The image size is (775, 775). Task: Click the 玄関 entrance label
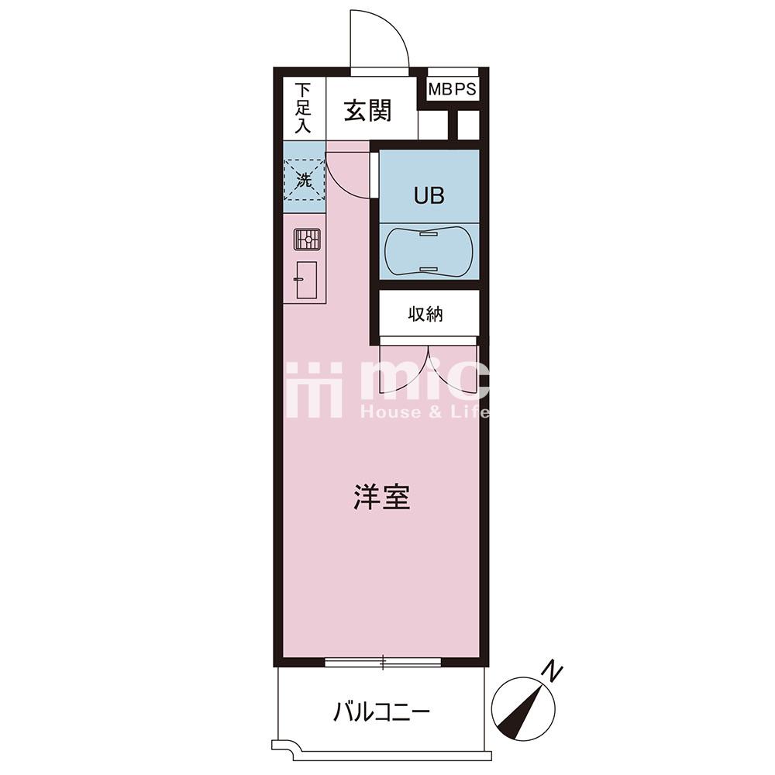pos(367,111)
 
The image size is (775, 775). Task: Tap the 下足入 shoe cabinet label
pos(303,108)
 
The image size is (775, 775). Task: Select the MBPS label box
pos(453,89)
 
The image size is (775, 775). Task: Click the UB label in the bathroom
pos(429,196)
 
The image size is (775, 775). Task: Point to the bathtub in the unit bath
pos(429,251)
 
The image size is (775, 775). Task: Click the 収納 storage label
pos(425,315)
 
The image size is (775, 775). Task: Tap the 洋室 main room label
pos(382,498)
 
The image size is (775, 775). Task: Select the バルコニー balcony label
pos(381,713)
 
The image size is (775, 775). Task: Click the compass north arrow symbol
pos(523,710)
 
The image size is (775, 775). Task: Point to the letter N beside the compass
pos(553,671)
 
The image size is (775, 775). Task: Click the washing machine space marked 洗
pos(304,180)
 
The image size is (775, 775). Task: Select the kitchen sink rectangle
pos(306,280)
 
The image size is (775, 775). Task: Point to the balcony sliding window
pos(383,663)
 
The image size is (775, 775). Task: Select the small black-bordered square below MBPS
pos(468,125)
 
